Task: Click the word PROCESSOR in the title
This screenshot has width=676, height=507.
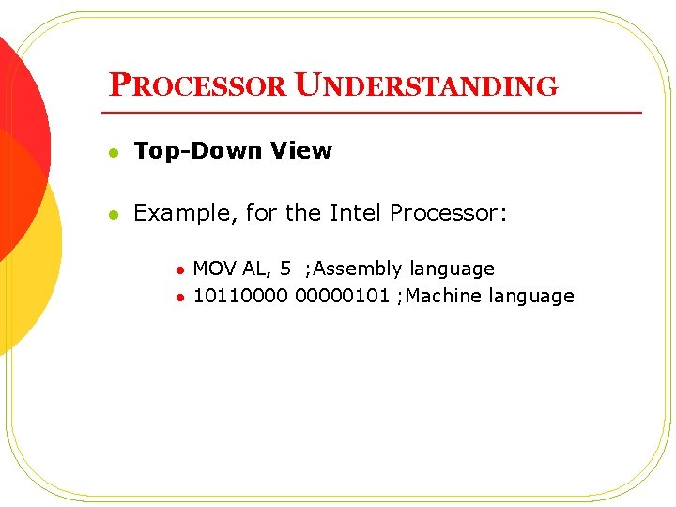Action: (x=197, y=85)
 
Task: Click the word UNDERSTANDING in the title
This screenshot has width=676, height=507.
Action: (x=426, y=85)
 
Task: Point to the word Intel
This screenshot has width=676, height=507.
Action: (x=356, y=213)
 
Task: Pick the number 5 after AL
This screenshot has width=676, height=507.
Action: (x=285, y=269)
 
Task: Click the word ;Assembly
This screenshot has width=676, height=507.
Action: (x=356, y=269)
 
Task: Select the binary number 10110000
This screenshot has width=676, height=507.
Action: (x=240, y=296)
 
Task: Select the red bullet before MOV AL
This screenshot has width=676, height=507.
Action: (x=178, y=270)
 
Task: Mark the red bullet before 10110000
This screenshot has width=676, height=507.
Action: (x=178, y=298)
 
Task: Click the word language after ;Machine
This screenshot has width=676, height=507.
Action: (x=531, y=297)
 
